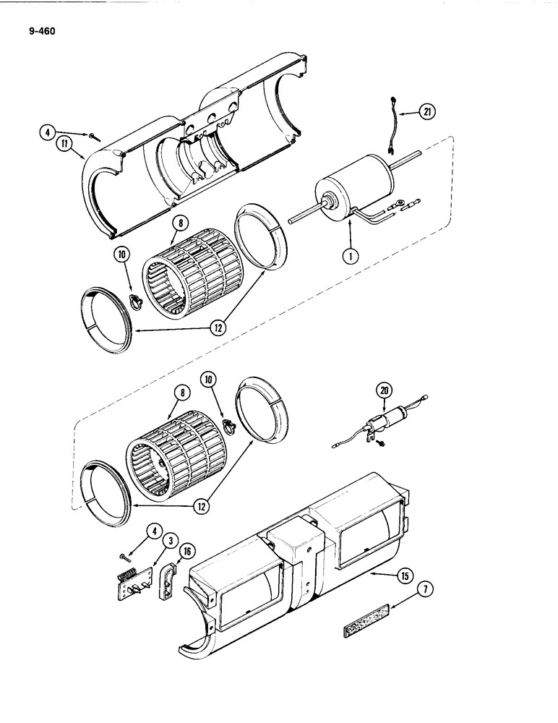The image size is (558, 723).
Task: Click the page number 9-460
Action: coord(37,31)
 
